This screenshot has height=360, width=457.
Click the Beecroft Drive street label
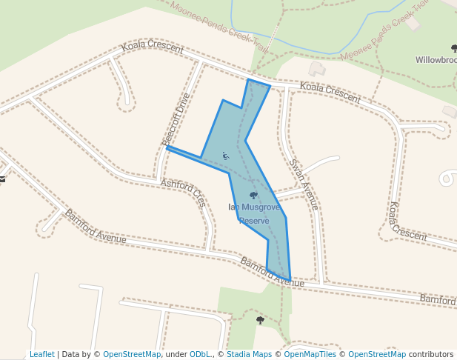pyautogui.click(x=177, y=119)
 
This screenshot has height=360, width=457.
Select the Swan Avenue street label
pyautogui.click(x=304, y=184)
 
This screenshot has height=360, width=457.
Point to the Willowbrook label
pyautogui.click(x=436, y=60)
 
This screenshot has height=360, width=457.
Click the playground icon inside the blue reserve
pyautogui.click(x=225, y=156)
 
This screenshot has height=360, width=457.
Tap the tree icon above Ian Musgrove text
pyautogui.click(x=254, y=196)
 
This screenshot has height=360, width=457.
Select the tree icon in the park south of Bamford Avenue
pyautogui.click(x=260, y=320)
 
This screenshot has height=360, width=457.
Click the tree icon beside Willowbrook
pyautogui.click(x=453, y=48)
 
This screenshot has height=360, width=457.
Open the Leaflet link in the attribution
pyautogui.click(x=42, y=354)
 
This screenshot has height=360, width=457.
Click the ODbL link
pyautogui.click(x=199, y=354)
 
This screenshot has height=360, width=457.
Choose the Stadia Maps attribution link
pyautogui.click(x=249, y=354)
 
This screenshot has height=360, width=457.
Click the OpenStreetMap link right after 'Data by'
pyautogui.click(x=132, y=354)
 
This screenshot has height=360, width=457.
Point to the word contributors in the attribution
pyautogui.click(x=431, y=354)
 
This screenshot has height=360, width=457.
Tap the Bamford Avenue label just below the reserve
pyautogui.click(x=272, y=273)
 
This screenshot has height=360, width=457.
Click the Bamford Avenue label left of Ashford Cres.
pyautogui.click(x=95, y=227)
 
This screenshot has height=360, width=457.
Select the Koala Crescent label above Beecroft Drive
pyautogui.click(x=152, y=47)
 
